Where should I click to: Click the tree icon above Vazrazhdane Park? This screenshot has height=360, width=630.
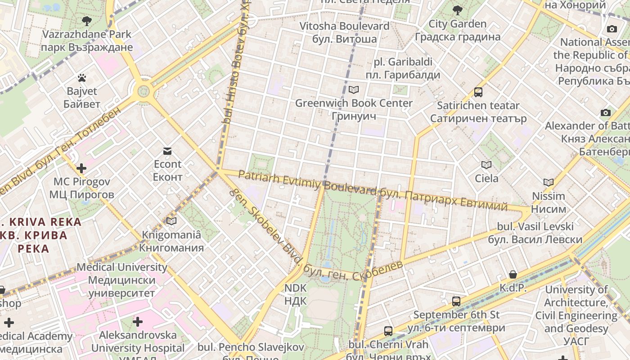(x=87, y=21)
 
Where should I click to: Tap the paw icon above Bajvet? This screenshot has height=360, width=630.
(x=81, y=78)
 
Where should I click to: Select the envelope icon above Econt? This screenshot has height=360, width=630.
(x=167, y=151)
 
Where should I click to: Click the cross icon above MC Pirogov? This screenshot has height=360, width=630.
(x=81, y=168)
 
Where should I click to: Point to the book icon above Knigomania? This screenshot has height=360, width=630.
(x=171, y=221)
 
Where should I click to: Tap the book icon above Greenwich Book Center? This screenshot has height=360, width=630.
(x=354, y=90)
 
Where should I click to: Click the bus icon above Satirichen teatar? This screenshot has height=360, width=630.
(x=478, y=92)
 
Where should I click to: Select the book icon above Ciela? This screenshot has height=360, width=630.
(x=486, y=165)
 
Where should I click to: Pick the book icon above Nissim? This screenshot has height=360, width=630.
(x=548, y=182)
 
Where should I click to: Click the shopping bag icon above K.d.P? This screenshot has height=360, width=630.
(x=513, y=274)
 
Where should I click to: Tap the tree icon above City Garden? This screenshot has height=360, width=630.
(x=457, y=10)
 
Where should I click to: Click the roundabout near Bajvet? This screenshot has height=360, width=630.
(x=144, y=91)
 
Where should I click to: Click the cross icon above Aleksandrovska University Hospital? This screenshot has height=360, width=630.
(x=138, y=322)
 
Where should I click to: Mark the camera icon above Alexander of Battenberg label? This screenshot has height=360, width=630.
(x=606, y=112)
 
